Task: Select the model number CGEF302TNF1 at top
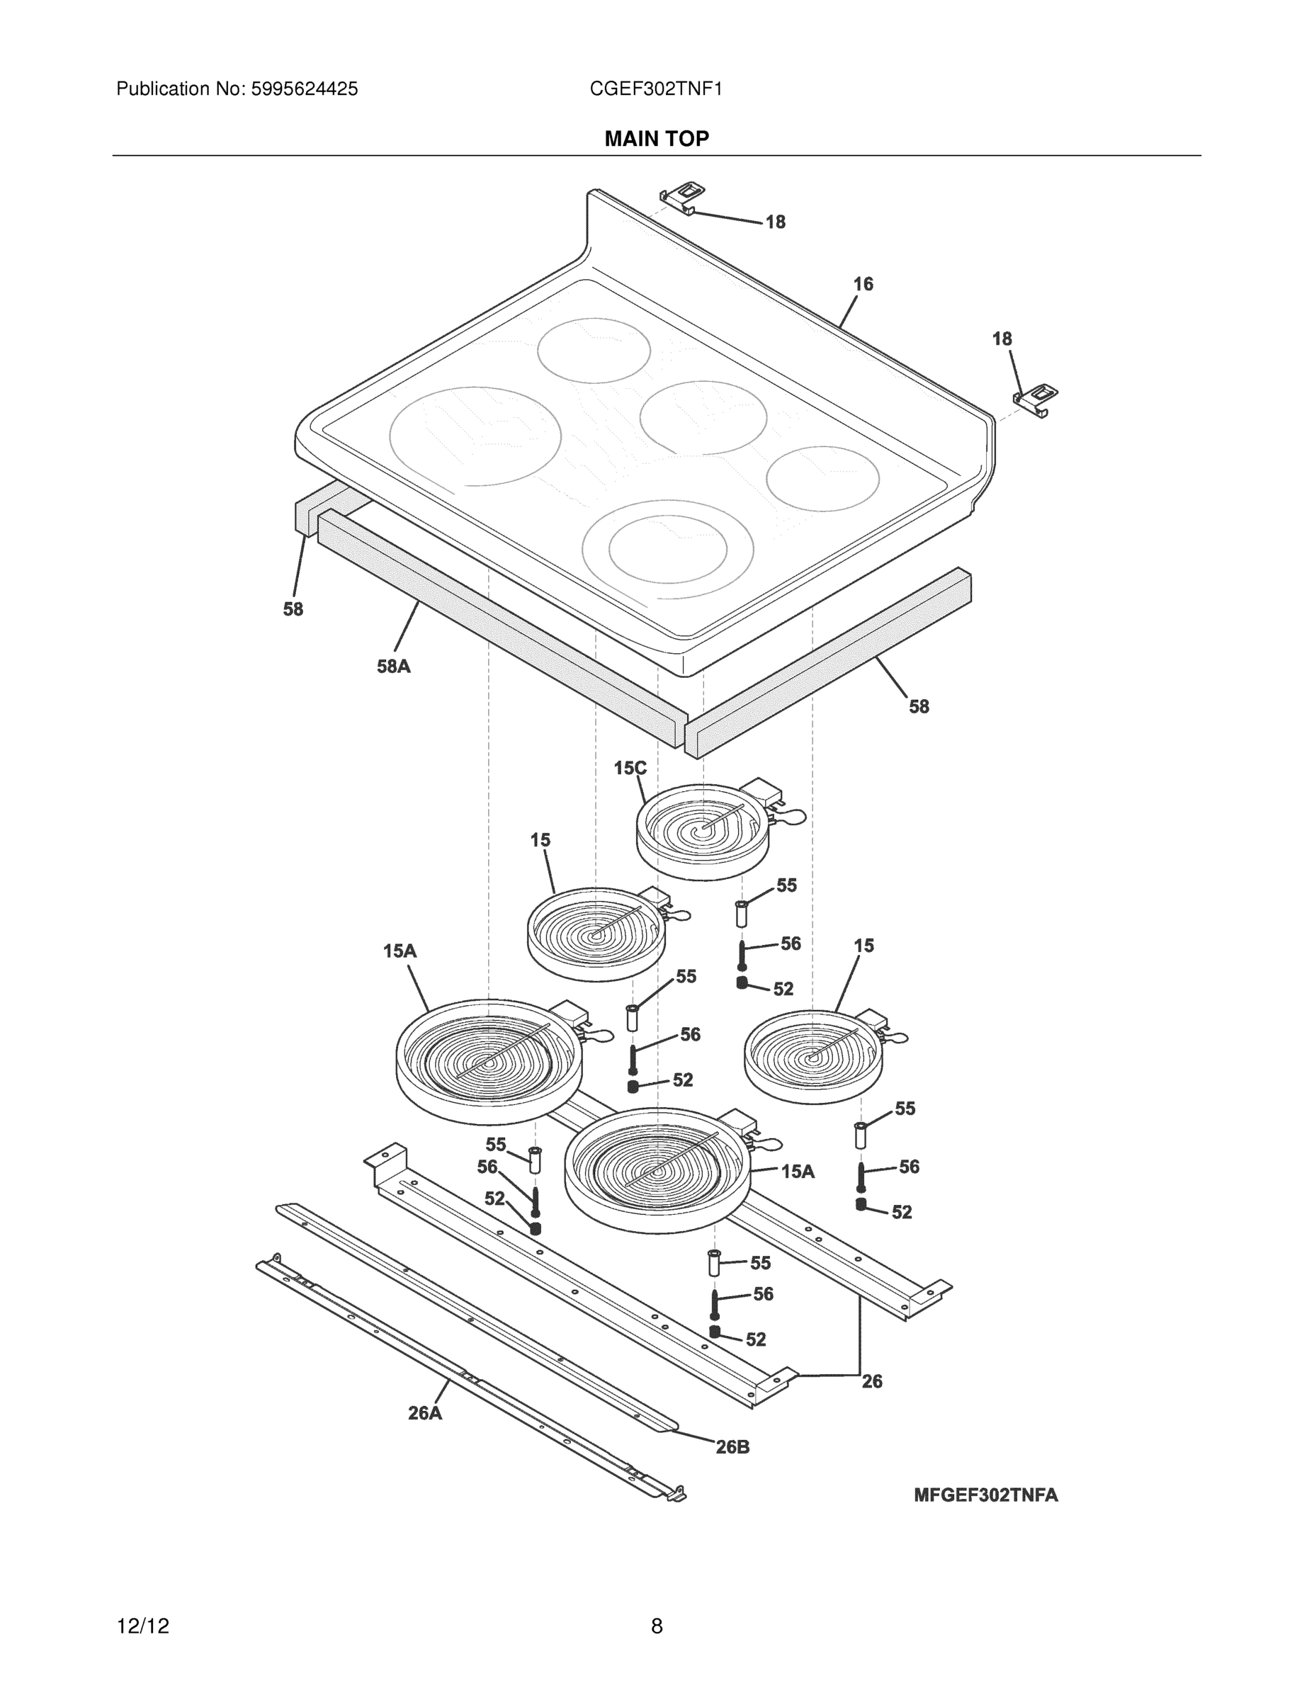pos(655,89)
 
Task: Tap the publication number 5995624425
pos(304,89)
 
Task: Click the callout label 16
pos(863,284)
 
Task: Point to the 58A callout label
pos(393,667)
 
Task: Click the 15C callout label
pos(630,769)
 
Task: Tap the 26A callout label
pos(424,1413)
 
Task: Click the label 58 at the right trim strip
pos(919,706)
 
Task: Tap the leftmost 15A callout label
pos(400,951)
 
